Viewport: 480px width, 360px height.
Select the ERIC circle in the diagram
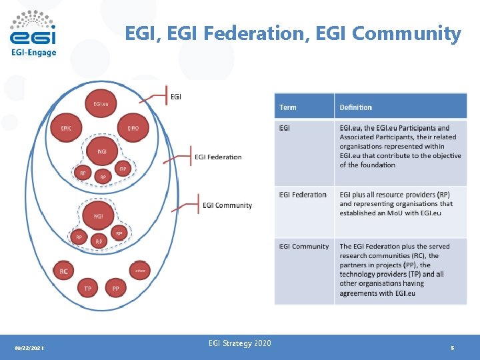(x=67, y=127)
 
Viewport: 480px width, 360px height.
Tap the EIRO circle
(x=133, y=127)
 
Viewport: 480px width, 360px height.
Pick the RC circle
(x=63, y=271)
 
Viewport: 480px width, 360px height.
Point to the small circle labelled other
(x=139, y=271)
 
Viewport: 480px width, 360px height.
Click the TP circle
(x=87, y=288)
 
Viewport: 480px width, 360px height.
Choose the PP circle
(x=116, y=288)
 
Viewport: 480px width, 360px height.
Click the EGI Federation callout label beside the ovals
(x=218, y=157)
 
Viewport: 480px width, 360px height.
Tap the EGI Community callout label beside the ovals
(x=227, y=205)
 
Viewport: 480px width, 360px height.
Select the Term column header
(x=288, y=107)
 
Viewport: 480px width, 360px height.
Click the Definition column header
(x=355, y=107)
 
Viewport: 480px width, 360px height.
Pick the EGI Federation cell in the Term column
(x=303, y=195)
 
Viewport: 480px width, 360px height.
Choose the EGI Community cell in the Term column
(x=304, y=246)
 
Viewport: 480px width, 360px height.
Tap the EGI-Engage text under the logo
(x=33, y=53)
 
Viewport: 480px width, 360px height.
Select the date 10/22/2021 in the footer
(x=29, y=348)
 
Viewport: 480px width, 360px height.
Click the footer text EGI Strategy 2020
(x=239, y=343)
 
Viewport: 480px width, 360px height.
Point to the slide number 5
(x=452, y=348)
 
